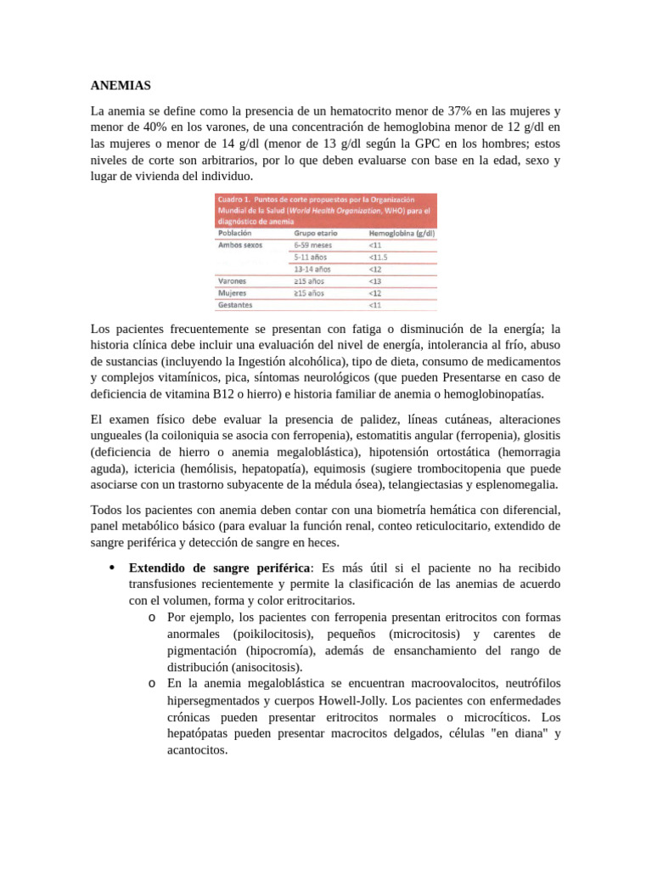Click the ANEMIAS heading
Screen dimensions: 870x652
click(x=121, y=86)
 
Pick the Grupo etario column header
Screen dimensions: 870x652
click(x=316, y=231)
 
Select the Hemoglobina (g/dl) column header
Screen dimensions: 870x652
click(x=402, y=231)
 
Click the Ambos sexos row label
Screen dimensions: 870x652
click(x=240, y=244)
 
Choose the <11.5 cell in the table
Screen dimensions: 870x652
click(x=379, y=256)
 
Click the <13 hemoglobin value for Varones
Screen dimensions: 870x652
click(x=375, y=280)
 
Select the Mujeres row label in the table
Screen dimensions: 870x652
click(x=233, y=291)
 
